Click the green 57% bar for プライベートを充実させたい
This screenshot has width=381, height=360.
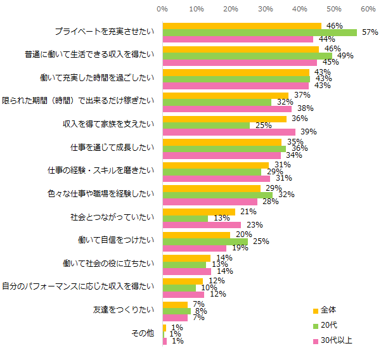coord(260,32)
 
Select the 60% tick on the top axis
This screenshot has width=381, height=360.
coord(367,10)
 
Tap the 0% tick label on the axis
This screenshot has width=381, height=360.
coord(162,10)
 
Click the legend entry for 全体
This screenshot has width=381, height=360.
coord(328,310)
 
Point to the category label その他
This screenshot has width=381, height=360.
coord(143,333)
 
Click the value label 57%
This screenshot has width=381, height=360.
coord(369,32)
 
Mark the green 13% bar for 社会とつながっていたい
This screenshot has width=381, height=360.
coord(185,218)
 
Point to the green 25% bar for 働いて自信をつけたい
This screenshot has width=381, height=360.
coord(205,241)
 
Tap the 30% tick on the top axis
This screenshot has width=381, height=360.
coord(265,10)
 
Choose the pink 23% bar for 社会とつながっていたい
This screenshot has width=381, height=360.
coord(202,225)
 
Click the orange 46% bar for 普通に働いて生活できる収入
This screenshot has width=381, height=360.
coord(241,49)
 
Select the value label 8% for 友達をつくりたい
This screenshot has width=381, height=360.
coord(200,311)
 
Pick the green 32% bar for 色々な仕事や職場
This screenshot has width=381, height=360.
coord(217,195)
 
